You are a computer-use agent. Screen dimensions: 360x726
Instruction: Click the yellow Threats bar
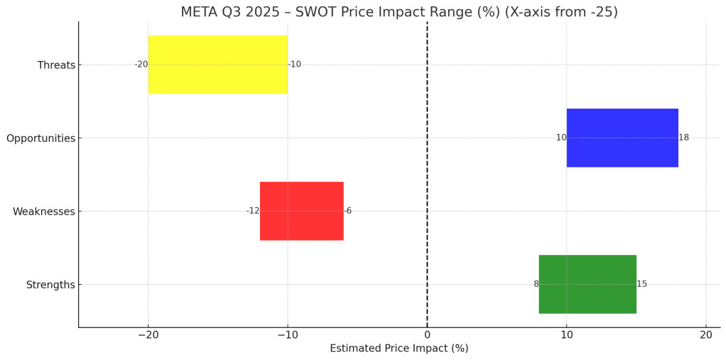click(217, 65)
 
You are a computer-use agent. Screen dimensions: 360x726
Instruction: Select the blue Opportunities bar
click(622, 138)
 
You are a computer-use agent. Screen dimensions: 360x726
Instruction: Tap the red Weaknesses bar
click(301, 211)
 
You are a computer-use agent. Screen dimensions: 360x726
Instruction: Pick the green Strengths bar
click(587, 284)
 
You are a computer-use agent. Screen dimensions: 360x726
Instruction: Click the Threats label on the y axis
click(56, 65)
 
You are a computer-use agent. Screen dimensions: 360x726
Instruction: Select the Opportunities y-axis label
click(40, 138)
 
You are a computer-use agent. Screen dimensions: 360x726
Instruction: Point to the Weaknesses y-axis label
click(43, 212)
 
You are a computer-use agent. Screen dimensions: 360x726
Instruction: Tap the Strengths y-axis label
click(50, 285)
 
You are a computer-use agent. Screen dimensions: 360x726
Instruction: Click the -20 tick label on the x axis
click(148, 334)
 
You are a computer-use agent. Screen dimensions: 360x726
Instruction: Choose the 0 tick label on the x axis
click(427, 334)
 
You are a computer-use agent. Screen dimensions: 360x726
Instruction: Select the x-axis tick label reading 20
click(705, 334)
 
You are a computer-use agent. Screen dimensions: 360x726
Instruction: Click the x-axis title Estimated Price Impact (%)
click(399, 349)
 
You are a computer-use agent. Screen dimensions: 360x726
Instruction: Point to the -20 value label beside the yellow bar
click(141, 65)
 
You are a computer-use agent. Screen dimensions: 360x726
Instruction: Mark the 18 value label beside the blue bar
click(683, 138)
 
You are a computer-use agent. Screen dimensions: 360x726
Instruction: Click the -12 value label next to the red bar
click(253, 211)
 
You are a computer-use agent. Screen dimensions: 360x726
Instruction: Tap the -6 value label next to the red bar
click(348, 211)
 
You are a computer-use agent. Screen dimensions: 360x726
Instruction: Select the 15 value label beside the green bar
click(641, 284)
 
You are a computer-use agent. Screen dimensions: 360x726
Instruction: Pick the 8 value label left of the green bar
click(536, 284)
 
